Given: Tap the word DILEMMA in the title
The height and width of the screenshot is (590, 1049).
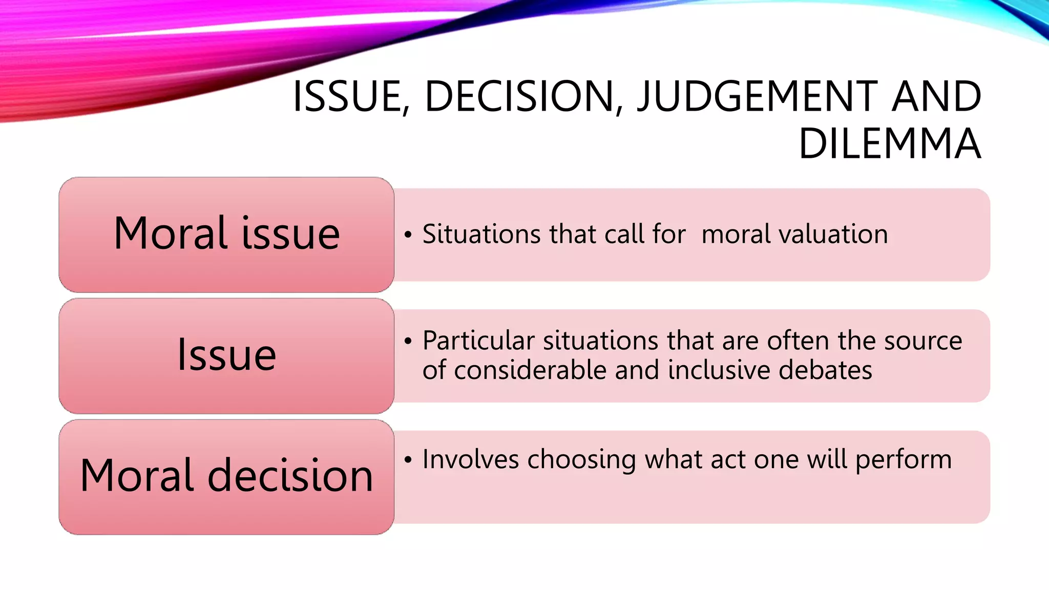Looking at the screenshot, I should tap(890, 144).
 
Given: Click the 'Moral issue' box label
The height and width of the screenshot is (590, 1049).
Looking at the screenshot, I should tap(226, 234).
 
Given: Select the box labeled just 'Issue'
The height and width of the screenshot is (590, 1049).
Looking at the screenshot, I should tap(226, 355).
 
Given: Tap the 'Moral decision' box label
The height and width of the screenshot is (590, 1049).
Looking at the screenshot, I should tap(226, 476).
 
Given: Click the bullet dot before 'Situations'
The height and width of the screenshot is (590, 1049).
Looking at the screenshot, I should tap(408, 235).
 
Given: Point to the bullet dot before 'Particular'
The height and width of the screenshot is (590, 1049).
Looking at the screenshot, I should tap(408, 342).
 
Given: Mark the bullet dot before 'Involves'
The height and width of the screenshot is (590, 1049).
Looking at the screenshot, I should tap(408, 460).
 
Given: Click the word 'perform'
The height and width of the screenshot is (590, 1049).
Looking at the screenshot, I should tap(904, 460).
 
